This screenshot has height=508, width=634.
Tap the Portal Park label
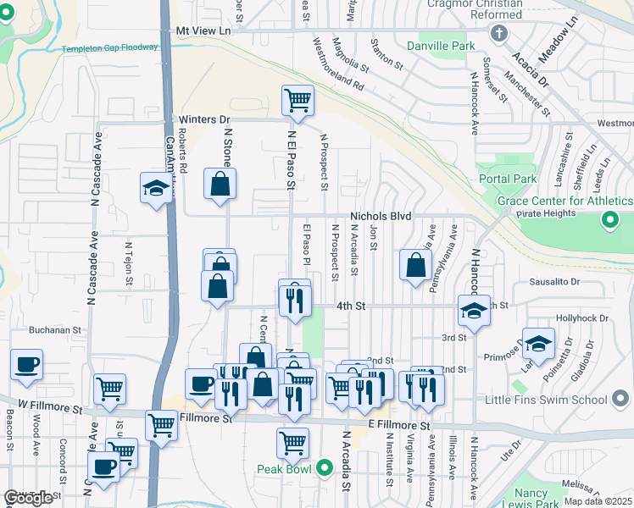coord(508,179)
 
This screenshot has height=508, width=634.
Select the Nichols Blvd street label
coord(381,217)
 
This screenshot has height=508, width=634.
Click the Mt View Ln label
coord(203,30)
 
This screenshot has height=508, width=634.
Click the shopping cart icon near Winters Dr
coord(298,101)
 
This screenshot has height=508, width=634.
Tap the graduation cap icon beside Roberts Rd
coord(156,188)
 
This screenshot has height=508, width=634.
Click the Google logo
coord(28,498)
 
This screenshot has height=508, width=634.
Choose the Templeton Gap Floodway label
coord(109,49)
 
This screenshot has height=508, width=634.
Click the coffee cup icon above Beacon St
coord(26,365)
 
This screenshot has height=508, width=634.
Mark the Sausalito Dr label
coord(554,281)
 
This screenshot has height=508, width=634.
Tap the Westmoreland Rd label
coord(337,63)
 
